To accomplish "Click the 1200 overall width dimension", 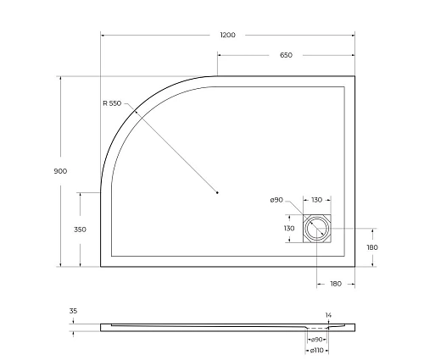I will [226, 35].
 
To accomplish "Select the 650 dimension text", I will [286, 55].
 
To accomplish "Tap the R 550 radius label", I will [112, 103].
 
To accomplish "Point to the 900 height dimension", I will [60, 170].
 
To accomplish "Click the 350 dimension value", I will [81, 230].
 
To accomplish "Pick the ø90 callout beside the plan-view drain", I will [276, 200].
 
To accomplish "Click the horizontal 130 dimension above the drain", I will [315, 200].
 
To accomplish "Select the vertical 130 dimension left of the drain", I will [289, 229].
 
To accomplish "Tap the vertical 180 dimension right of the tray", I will [371, 247].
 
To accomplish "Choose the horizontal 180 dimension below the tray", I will [338, 283].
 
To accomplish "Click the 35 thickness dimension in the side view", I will [73, 312].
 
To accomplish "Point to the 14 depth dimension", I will [328, 313].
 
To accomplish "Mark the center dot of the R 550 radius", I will [217, 193].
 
